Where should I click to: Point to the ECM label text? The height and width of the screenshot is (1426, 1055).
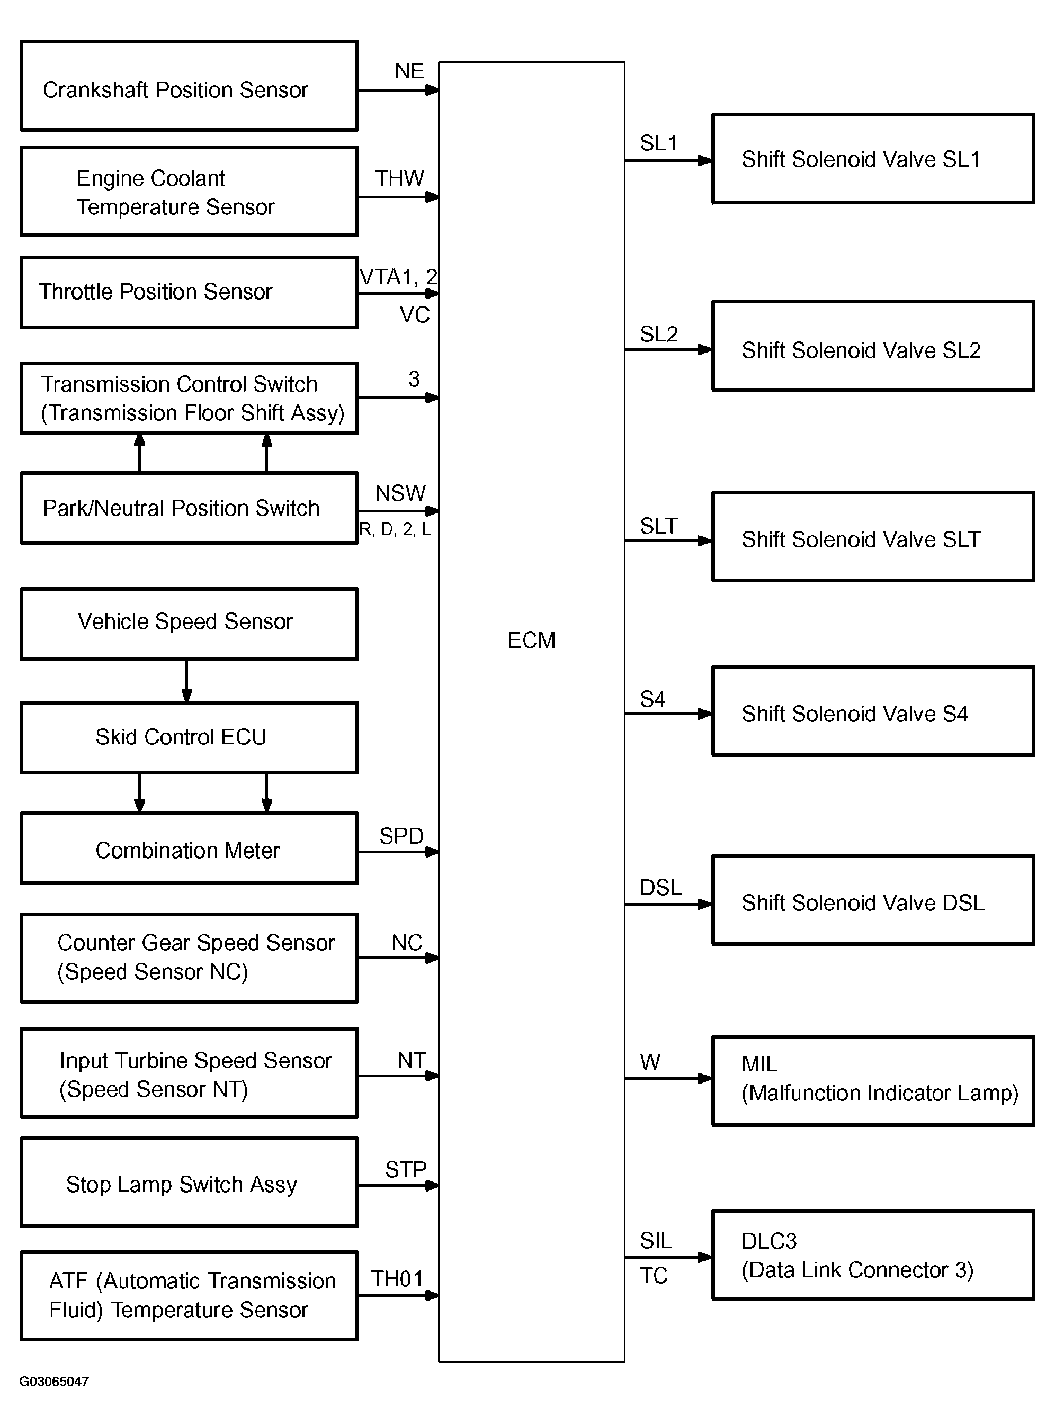pos(531,640)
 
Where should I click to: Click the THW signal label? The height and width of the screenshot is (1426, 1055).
pos(399,178)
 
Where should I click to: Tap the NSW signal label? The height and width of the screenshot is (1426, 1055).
pos(400,493)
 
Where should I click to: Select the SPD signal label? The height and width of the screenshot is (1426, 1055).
pos(401,836)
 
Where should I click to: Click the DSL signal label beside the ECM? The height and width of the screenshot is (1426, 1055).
pos(660,887)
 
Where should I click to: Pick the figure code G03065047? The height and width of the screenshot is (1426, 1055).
pos(54,1382)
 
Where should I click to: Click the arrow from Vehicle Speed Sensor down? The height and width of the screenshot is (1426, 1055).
pos(186,680)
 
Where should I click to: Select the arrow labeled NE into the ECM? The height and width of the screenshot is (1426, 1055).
pos(398,90)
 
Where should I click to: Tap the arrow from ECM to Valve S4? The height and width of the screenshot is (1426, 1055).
pos(668,714)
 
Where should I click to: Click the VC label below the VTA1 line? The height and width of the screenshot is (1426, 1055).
pos(415,315)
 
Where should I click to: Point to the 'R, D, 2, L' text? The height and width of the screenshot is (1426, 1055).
pos(395,529)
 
